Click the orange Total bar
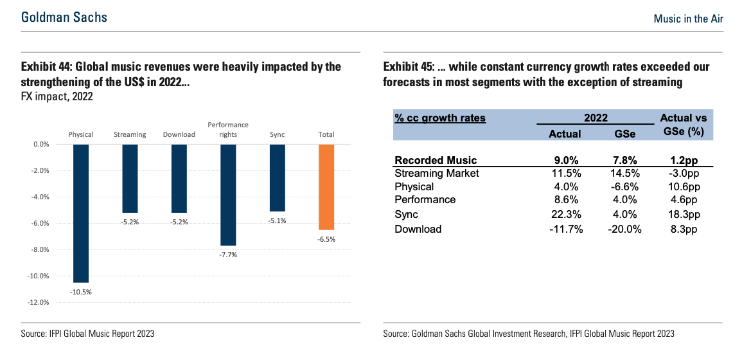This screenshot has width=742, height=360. coord(326,187)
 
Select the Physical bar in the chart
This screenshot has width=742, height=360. coord(81,213)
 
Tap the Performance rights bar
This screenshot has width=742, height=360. coord(228,195)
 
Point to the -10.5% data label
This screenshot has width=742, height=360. coord(81,292)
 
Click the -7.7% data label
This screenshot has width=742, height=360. coord(228,255)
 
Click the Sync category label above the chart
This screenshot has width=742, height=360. coord(278,134)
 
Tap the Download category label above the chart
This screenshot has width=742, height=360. coord(179,134)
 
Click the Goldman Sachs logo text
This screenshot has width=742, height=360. coord(64,17)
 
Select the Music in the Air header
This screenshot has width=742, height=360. coord(689,19)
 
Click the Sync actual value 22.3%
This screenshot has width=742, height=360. coord(565,215)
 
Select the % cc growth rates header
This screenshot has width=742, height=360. coord(440,118)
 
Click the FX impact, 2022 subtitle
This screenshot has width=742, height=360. coord(57,98)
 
